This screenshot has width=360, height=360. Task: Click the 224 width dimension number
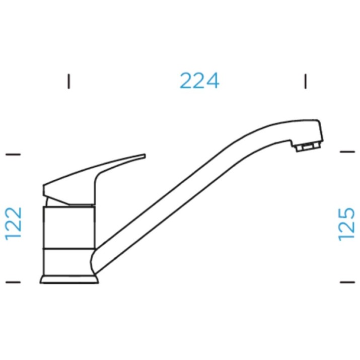click(199, 81)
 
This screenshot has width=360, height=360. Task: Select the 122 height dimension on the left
click(13, 224)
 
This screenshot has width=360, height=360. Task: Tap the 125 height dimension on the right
click(346, 225)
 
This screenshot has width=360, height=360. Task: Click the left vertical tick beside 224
click(68, 81)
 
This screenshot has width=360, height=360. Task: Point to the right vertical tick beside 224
click(305, 81)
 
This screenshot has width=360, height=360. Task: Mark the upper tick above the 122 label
click(13, 154)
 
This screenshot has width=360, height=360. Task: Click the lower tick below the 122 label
click(13, 282)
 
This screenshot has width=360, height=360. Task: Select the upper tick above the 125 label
click(347, 152)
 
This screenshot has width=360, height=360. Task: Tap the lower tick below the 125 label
click(347, 282)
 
